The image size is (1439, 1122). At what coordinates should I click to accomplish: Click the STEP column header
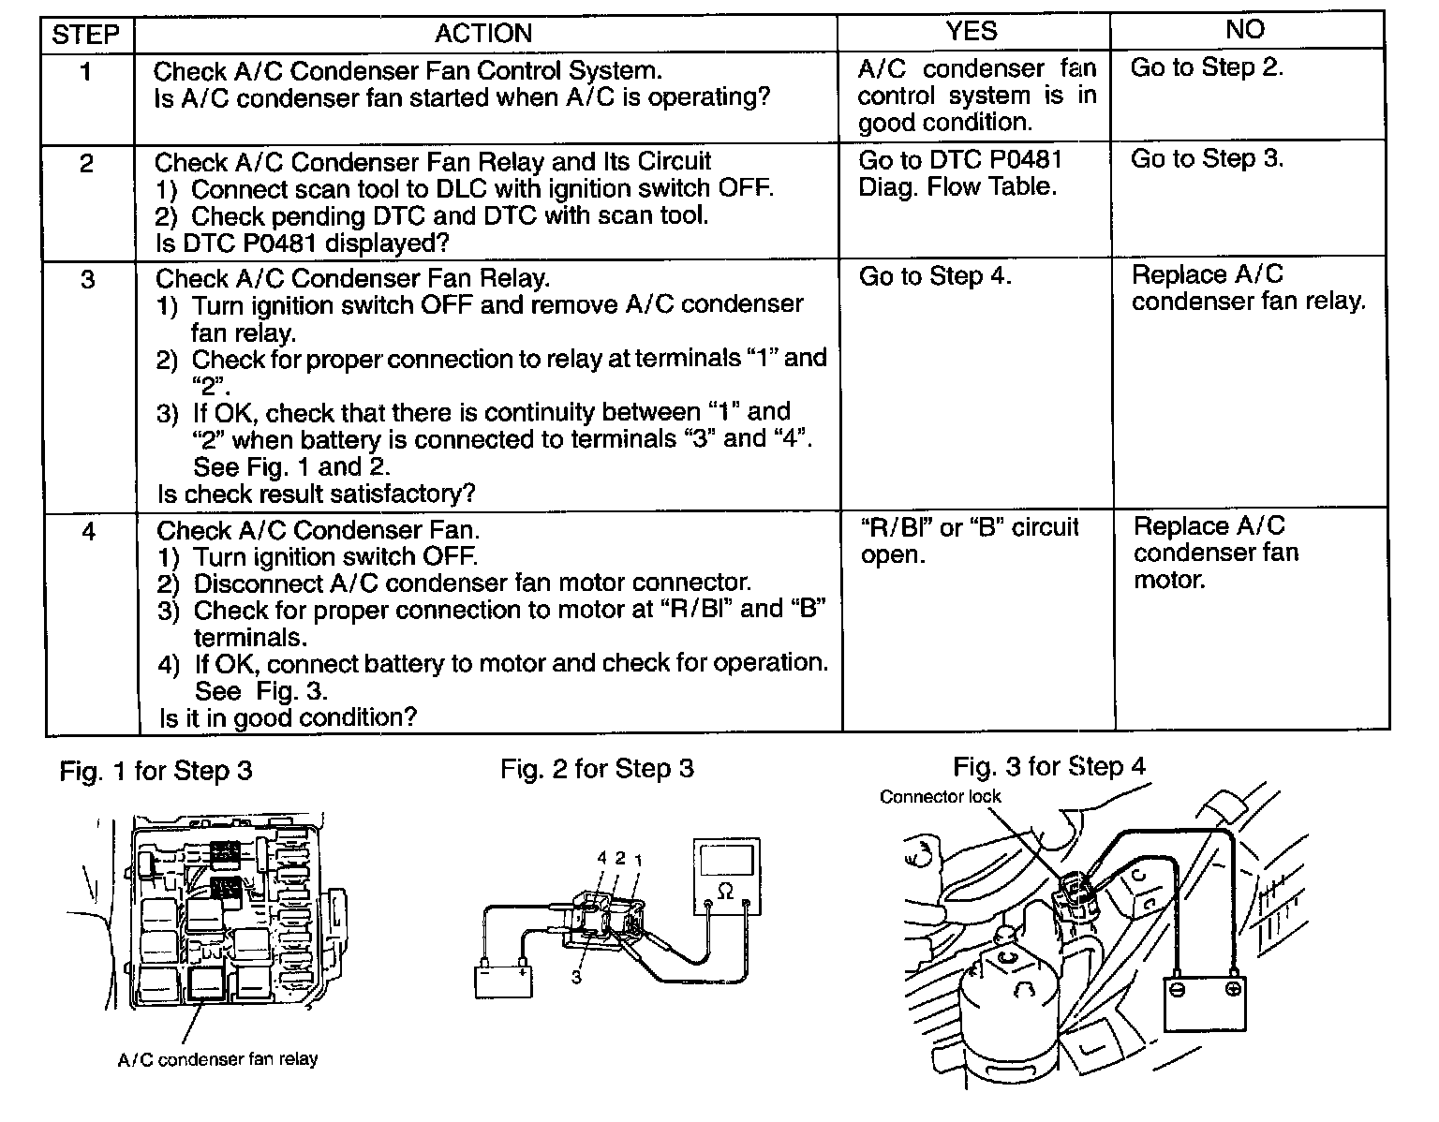(x=85, y=35)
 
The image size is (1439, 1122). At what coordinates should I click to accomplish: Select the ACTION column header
(x=483, y=34)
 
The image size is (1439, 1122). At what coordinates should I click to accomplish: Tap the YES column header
(x=972, y=31)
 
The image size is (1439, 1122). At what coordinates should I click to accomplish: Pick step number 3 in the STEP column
(x=87, y=279)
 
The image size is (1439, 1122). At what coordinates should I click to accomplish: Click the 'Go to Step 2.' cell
(x=1207, y=67)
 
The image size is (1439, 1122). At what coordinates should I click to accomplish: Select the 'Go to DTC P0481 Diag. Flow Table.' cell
(x=960, y=173)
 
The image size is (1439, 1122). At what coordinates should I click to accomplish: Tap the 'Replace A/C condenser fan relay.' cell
(x=1248, y=288)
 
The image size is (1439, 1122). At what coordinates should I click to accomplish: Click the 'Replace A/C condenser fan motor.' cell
(x=1216, y=553)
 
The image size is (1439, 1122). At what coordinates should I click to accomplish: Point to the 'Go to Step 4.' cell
(x=935, y=276)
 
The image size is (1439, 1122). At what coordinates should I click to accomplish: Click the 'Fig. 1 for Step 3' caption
(x=156, y=771)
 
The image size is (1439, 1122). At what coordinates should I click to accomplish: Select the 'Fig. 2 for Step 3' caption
(x=597, y=769)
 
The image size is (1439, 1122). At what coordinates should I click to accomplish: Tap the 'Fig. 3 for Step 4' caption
(x=1049, y=767)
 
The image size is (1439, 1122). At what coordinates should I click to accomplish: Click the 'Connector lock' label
(x=940, y=797)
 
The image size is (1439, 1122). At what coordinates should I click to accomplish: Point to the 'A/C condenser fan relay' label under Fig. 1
(x=217, y=1060)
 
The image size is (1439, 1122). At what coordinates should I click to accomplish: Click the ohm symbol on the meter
(x=725, y=892)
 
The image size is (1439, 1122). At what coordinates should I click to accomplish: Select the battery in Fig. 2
(x=503, y=980)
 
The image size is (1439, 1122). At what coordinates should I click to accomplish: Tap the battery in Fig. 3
(x=1206, y=1001)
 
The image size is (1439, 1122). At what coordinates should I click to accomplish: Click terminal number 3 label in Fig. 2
(x=576, y=976)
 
